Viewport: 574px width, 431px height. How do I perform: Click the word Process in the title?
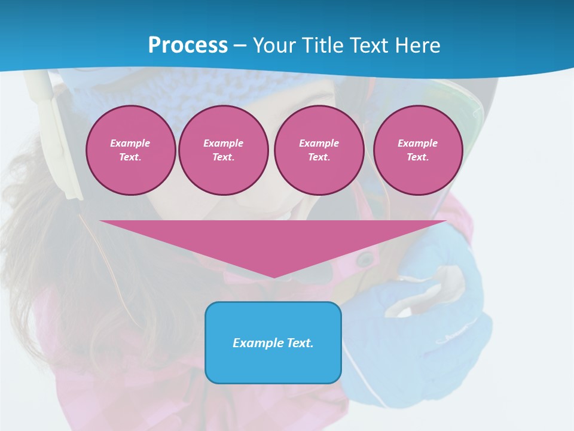point(188,45)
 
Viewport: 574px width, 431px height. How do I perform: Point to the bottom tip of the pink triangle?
point(274,277)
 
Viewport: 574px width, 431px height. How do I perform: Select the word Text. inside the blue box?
point(300,343)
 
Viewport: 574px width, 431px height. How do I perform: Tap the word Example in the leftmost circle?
point(130,143)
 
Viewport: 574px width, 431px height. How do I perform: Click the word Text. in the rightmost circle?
point(418,157)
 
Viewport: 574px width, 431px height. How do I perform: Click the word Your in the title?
point(273,45)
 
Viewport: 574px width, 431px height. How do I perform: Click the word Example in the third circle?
point(319,143)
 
